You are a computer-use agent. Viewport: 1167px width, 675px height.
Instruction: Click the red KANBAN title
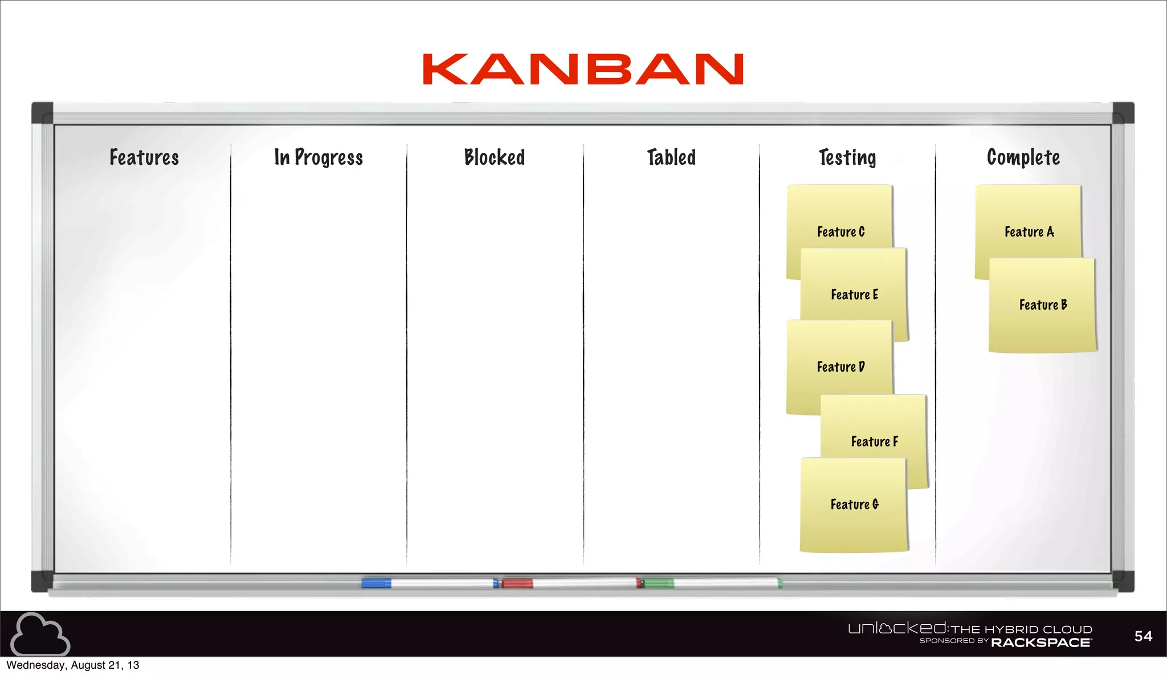point(583,70)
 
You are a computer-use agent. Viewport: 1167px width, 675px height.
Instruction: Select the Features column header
point(144,157)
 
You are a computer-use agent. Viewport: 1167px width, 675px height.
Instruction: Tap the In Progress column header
point(319,158)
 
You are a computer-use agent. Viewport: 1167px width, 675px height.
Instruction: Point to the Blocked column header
point(494,157)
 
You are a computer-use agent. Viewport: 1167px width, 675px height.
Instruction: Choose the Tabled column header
point(671,157)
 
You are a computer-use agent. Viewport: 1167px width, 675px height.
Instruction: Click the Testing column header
point(847,158)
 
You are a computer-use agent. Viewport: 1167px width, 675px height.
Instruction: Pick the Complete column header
point(1023,158)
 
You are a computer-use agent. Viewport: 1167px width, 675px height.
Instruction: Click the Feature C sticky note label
point(840,231)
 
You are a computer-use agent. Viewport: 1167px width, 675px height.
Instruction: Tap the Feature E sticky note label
point(854,294)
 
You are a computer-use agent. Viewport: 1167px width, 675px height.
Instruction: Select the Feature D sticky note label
point(840,367)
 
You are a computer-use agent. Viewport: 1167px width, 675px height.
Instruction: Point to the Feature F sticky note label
point(874,441)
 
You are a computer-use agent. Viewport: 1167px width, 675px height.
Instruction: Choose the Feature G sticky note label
point(854,504)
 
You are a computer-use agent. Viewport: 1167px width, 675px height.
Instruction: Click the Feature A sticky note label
point(1029,231)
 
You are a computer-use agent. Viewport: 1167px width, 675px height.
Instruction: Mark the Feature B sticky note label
point(1043,304)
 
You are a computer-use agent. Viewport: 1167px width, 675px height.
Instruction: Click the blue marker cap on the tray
point(376,583)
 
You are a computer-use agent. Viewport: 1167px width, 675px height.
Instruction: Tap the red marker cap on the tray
point(517,583)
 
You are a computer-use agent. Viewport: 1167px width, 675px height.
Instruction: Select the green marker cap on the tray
point(658,583)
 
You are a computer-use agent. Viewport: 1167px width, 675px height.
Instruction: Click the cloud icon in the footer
point(40,634)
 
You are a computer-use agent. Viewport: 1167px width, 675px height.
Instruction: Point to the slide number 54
point(1143,636)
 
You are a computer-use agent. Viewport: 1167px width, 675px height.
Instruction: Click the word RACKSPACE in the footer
point(1041,643)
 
